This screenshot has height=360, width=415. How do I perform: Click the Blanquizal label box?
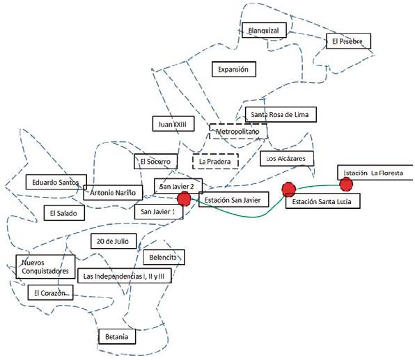tap(264, 30)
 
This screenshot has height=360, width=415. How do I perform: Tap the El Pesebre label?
tap(348, 41)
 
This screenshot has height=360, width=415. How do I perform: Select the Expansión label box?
tap(234, 70)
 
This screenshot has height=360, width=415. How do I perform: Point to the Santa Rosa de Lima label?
tap(281, 114)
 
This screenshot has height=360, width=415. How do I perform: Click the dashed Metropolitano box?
tap(238, 132)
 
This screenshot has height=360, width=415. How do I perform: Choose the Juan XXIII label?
tap(173, 124)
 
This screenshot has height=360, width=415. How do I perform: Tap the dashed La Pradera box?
tap(215, 162)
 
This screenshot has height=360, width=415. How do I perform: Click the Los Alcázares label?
tap(287, 159)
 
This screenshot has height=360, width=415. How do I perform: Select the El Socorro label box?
tap(155, 162)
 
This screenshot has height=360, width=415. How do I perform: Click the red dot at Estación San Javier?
tap(184, 198)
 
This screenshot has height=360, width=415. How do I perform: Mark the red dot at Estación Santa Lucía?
tap(288, 189)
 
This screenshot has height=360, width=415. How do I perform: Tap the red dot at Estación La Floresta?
tap(346, 185)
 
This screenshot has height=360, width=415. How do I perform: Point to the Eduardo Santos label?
tap(56, 182)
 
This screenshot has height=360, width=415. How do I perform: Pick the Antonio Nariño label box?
tap(113, 192)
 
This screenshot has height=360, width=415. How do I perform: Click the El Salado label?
tap(64, 213)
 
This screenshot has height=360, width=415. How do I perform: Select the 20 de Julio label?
tap(113, 241)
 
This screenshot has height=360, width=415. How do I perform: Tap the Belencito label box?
tap(164, 257)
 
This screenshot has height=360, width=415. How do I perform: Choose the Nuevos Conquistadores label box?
tap(45, 267)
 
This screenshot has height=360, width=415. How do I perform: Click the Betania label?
tap(117, 336)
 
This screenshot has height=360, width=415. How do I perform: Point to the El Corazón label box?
tap(50, 292)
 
